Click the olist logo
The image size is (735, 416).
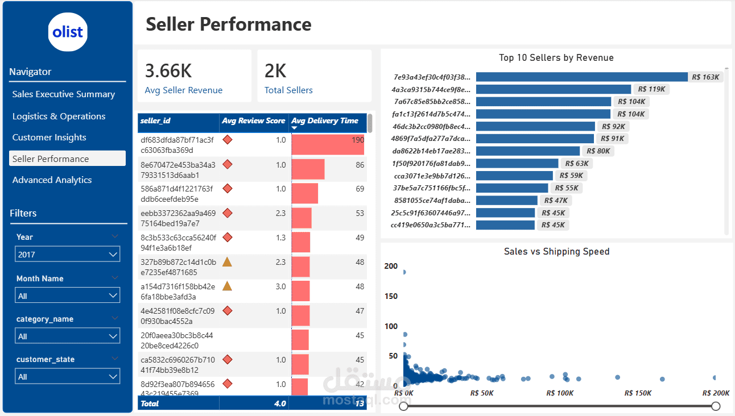click(68, 32)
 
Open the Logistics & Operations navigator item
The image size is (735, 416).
click(59, 117)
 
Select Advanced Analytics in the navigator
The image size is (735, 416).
click(52, 180)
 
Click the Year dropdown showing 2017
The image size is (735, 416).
click(67, 255)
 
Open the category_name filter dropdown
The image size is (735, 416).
click(67, 336)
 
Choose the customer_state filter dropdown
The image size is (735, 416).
click(67, 377)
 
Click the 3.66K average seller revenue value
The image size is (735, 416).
click(168, 71)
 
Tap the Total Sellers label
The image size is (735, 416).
click(288, 90)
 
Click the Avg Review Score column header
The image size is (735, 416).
click(253, 121)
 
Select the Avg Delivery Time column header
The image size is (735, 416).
click(325, 121)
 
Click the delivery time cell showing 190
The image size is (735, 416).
click(357, 140)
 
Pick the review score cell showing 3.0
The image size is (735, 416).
click(280, 287)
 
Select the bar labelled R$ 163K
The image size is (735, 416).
click(581, 77)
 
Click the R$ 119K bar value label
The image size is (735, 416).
click(652, 89)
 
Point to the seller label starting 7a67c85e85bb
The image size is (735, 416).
click(431, 102)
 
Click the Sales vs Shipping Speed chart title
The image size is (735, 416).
click(556, 252)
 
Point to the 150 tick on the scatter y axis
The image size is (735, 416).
click(391, 296)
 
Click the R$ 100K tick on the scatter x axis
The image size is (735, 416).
click(560, 393)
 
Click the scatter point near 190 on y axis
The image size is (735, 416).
click(404, 272)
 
